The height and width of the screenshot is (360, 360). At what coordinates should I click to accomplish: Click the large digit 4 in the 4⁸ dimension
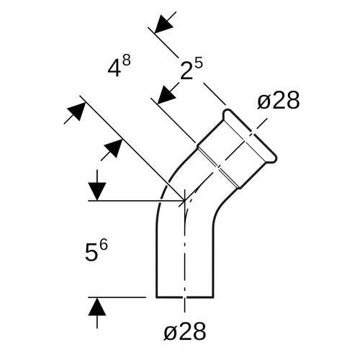pos(114,69)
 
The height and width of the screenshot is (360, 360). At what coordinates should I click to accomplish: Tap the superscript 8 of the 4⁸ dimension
pos(126,61)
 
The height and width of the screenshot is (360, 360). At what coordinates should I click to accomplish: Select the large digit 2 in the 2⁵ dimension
pos(186,71)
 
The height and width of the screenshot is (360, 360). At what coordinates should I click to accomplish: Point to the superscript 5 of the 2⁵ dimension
pos(199,63)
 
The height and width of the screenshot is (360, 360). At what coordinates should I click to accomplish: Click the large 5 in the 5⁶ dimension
pos(91,253)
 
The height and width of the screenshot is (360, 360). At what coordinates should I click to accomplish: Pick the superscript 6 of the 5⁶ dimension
pos(104,246)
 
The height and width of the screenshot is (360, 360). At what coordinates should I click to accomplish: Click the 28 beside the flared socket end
pos(286,100)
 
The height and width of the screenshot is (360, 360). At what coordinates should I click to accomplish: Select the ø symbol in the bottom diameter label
pos(171,333)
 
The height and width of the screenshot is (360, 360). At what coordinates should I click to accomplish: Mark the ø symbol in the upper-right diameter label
pos(265,102)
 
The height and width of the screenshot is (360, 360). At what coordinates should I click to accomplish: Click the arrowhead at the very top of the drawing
pos(164,24)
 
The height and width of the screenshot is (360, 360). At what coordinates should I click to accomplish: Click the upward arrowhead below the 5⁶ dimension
pos(97,307)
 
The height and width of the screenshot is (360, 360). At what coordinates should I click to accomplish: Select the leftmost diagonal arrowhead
pos(76,112)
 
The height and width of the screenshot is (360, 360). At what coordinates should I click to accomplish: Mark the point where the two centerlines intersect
pos(184,200)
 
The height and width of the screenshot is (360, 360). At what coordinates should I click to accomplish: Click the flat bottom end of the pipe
pos(185,297)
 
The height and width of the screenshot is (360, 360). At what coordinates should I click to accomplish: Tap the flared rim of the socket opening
pos(250,135)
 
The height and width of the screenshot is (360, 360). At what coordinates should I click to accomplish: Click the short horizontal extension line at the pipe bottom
pos(117,297)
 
